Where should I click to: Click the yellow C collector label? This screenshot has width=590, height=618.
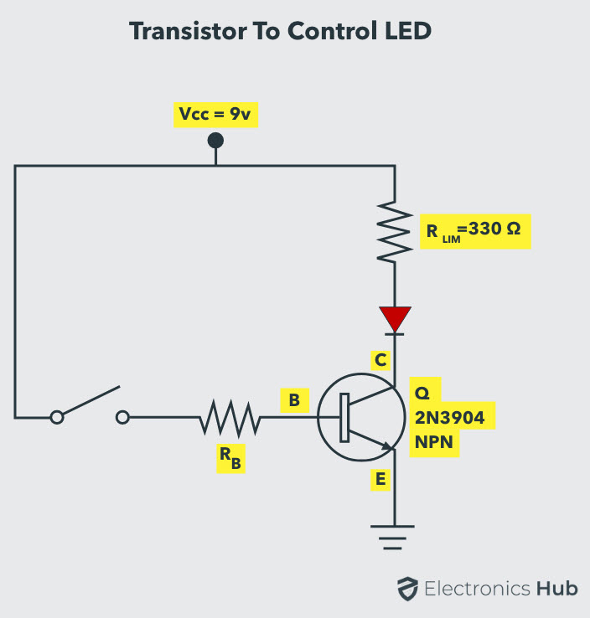[380, 360]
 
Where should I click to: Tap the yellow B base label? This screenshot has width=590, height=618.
[293, 400]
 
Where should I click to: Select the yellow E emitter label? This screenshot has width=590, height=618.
[380, 479]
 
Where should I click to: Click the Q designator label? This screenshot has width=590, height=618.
[421, 391]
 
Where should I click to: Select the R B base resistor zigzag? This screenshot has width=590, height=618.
[230, 416]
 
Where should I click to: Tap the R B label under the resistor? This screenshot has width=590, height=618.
[230, 459]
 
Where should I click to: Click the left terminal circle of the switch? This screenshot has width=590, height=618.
[57, 416]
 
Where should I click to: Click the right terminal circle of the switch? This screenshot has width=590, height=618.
[123, 416]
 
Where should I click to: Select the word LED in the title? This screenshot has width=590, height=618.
[406, 32]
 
